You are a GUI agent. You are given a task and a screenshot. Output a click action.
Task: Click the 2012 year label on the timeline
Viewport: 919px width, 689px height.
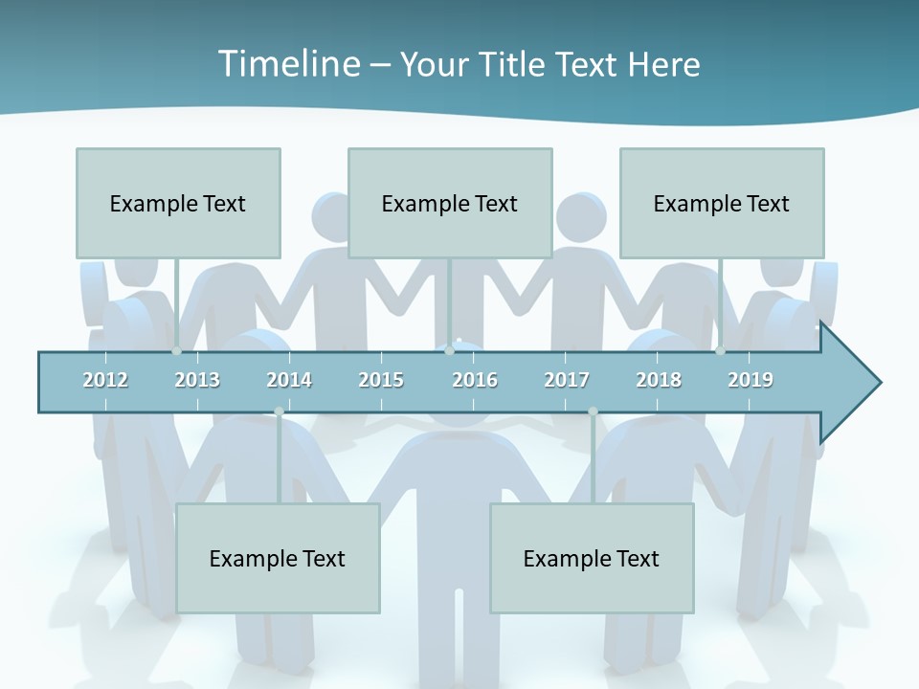[105, 380]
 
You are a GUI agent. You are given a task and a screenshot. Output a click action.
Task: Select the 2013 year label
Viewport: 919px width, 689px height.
[197, 380]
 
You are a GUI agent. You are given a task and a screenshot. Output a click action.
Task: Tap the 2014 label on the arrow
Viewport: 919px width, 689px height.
[289, 380]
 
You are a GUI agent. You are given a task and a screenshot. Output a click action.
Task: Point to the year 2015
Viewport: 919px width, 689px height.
[381, 380]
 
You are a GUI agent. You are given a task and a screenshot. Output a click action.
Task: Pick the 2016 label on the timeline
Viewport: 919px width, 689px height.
[475, 380]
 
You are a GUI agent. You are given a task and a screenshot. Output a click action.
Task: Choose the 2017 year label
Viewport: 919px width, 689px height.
[567, 380]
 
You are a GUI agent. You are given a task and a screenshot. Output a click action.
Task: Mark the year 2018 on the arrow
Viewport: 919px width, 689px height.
[659, 380]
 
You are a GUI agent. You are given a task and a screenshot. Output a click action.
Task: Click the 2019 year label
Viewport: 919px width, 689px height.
[751, 380]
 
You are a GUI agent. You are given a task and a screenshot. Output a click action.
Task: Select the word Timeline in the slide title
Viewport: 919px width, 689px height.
[286, 64]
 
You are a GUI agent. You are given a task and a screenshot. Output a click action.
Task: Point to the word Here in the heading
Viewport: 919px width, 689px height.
[663, 64]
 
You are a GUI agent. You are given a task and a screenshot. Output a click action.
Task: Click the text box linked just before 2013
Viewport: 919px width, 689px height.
[178, 203]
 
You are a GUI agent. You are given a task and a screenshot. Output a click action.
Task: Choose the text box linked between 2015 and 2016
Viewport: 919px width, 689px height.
[450, 203]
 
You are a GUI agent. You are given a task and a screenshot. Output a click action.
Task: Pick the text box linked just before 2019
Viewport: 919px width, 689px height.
[722, 203]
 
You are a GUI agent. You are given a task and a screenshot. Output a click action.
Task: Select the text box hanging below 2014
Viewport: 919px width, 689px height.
[278, 558]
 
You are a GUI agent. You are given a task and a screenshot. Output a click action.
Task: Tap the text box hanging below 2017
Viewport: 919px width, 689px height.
[592, 558]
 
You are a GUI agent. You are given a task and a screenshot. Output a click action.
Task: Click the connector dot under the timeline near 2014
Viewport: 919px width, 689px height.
[279, 411]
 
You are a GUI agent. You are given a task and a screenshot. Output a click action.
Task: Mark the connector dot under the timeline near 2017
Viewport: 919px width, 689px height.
[593, 411]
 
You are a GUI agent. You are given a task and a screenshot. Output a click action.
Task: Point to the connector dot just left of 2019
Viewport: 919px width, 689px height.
[720, 350]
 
